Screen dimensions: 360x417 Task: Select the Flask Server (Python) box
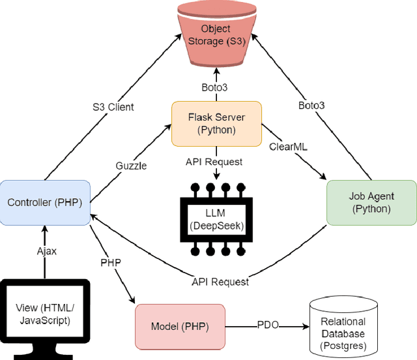pos(216,123)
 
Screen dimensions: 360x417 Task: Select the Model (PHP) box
pos(179,325)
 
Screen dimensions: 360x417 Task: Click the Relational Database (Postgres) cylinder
pos(343,328)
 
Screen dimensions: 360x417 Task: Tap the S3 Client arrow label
pos(113,106)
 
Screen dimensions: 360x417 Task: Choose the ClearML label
pos(287,147)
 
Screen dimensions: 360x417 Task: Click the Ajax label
pos(45,250)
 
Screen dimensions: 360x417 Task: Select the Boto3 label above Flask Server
pos(216,87)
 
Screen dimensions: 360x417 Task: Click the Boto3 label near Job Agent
pos(311,104)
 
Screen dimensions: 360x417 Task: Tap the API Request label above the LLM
pos(216,160)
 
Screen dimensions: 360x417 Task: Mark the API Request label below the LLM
pos(220,282)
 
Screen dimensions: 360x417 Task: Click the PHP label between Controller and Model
pos(110,262)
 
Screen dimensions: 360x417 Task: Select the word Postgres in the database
pos(343,345)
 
